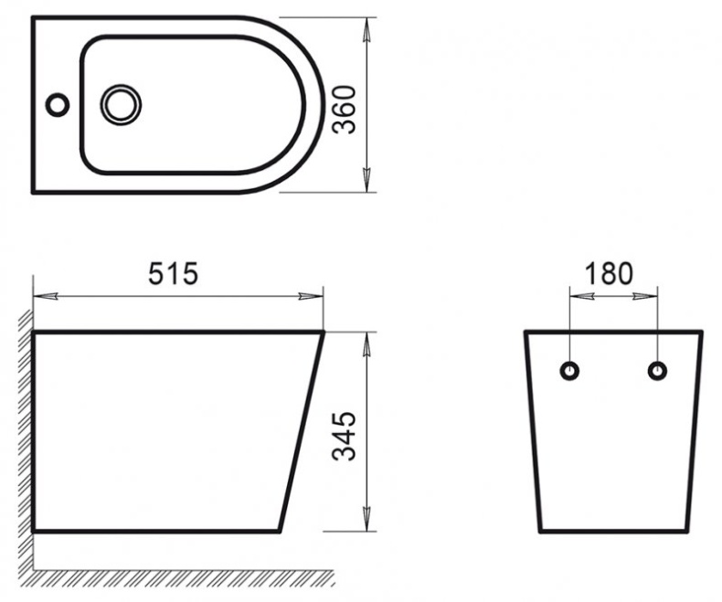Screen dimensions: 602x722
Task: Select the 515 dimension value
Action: click(174, 273)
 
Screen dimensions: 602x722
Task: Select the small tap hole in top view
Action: click(58, 104)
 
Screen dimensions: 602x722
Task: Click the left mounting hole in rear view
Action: click(569, 370)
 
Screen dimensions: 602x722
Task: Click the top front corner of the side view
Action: click(324, 333)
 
